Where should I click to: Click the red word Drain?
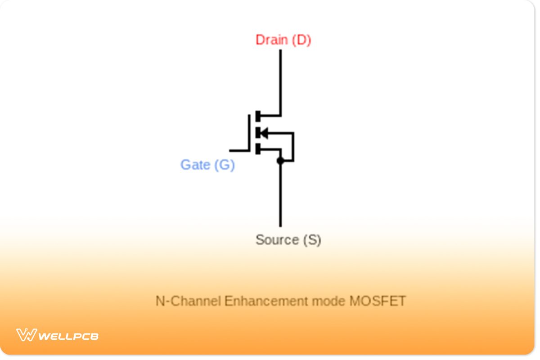coord(272,40)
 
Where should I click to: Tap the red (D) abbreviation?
coord(301,40)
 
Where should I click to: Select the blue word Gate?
coord(195,165)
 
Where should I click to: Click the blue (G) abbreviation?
coord(224,165)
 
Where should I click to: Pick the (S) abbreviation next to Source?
coord(312,239)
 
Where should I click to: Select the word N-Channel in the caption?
coord(188,301)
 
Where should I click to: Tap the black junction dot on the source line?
coord(280,161)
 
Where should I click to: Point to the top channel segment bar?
coord(258,116)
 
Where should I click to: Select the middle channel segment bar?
coord(258,133)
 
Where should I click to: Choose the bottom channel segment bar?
coord(258,149)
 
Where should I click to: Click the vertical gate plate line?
coord(249,132)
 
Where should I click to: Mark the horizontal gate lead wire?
coord(239,150)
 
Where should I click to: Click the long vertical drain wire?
coord(280,81)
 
